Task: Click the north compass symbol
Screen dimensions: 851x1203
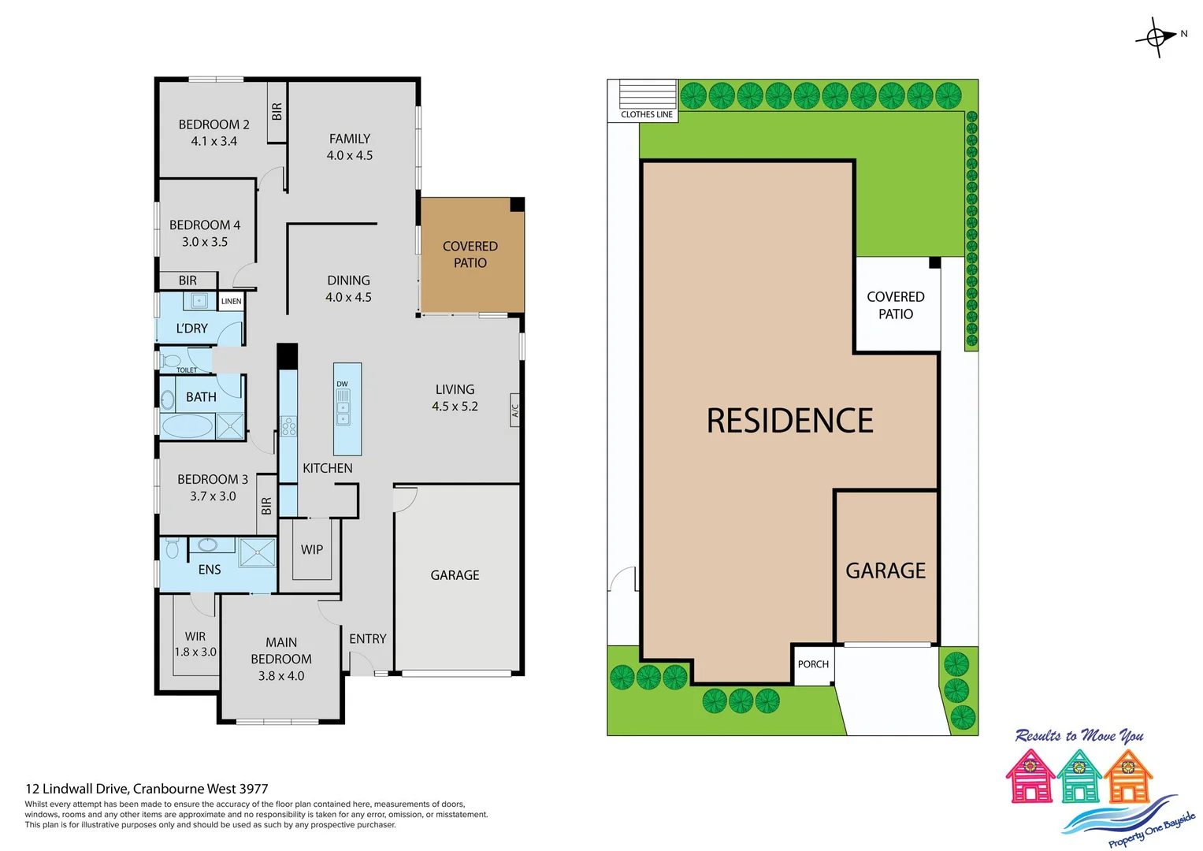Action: coord(1157,37)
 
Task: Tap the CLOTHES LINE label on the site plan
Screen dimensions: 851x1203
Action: coord(646,114)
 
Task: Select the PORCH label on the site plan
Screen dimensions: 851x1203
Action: coord(813,664)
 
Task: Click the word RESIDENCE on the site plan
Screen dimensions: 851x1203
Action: coord(789,421)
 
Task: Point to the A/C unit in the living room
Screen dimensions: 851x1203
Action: coord(515,411)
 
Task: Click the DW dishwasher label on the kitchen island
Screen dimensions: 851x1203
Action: coord(342,385)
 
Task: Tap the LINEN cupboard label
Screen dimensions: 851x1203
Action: coord(231,301)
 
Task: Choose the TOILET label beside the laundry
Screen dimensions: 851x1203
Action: coord(187,370)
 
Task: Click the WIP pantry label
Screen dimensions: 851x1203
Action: coord(312,550)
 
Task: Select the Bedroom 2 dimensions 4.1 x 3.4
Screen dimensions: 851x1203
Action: coord(213,142)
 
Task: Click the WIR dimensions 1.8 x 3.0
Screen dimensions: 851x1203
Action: coord(195,652)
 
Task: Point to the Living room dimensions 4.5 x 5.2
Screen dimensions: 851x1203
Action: coord(455,407)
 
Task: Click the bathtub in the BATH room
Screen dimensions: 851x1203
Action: coord(187,426)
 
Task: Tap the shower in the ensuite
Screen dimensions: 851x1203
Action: coord(258,552)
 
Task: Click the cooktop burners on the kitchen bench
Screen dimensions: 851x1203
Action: coord(288,426)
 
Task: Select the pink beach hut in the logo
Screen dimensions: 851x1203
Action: coord(1030,777)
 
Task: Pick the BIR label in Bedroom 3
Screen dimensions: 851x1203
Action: coord(266,506)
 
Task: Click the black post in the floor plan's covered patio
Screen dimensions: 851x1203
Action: coord(517,205)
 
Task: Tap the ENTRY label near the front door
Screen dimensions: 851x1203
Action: coord(367,639)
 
